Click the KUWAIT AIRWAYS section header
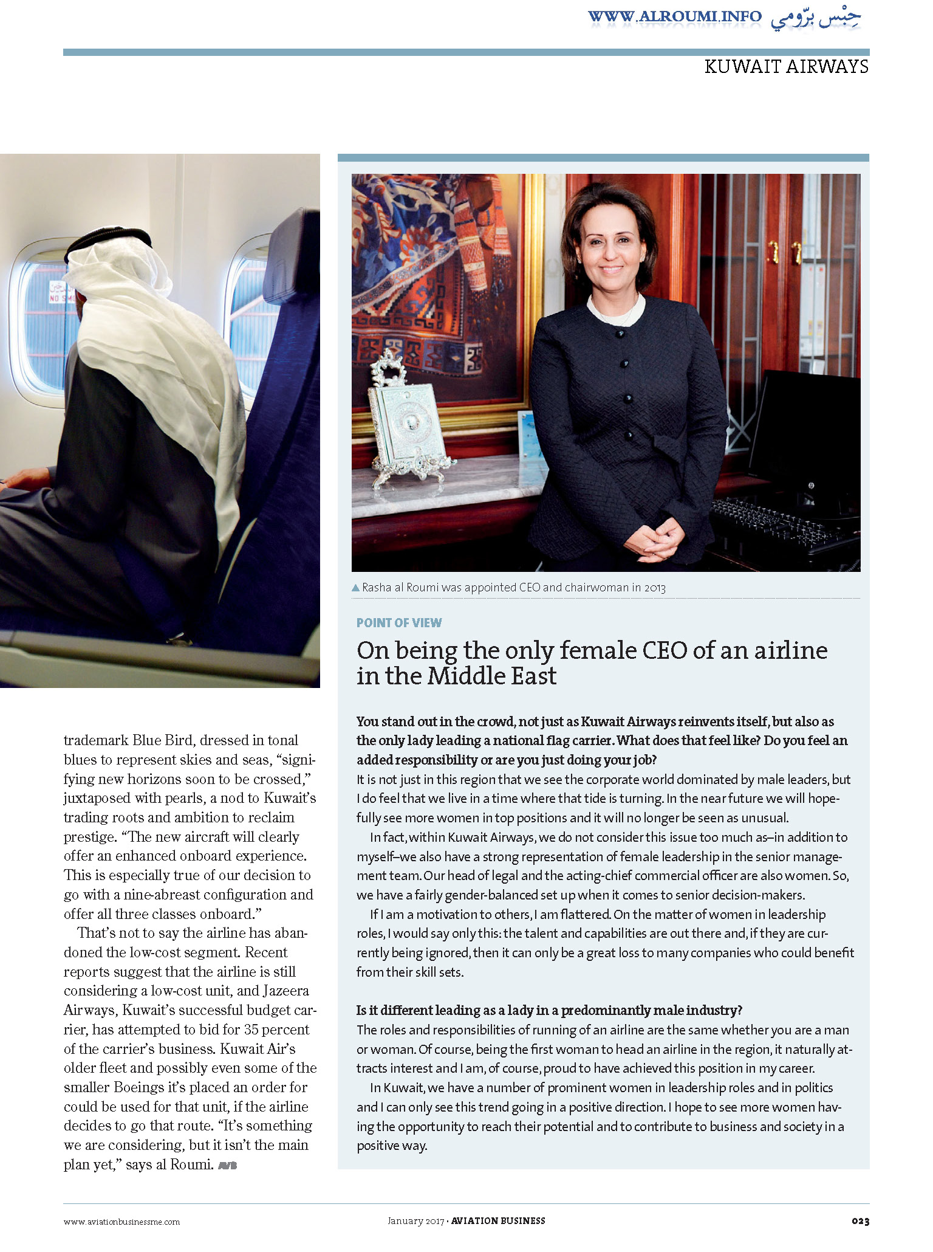click(x=786, y=66)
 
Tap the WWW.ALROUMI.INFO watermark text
click(x=674, y=16)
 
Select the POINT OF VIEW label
click(x=399, y=622)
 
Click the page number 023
click(x=860, y=1221)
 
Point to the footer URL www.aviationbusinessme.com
click(x=121, y=1222)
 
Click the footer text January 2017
click(x=416, y=1220)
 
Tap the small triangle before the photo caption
click(x=356, y=588)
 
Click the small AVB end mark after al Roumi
click(x=227, y=1165)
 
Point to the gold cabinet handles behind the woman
click(x=784, y=252)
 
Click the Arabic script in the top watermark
click(x=816, y=18)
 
